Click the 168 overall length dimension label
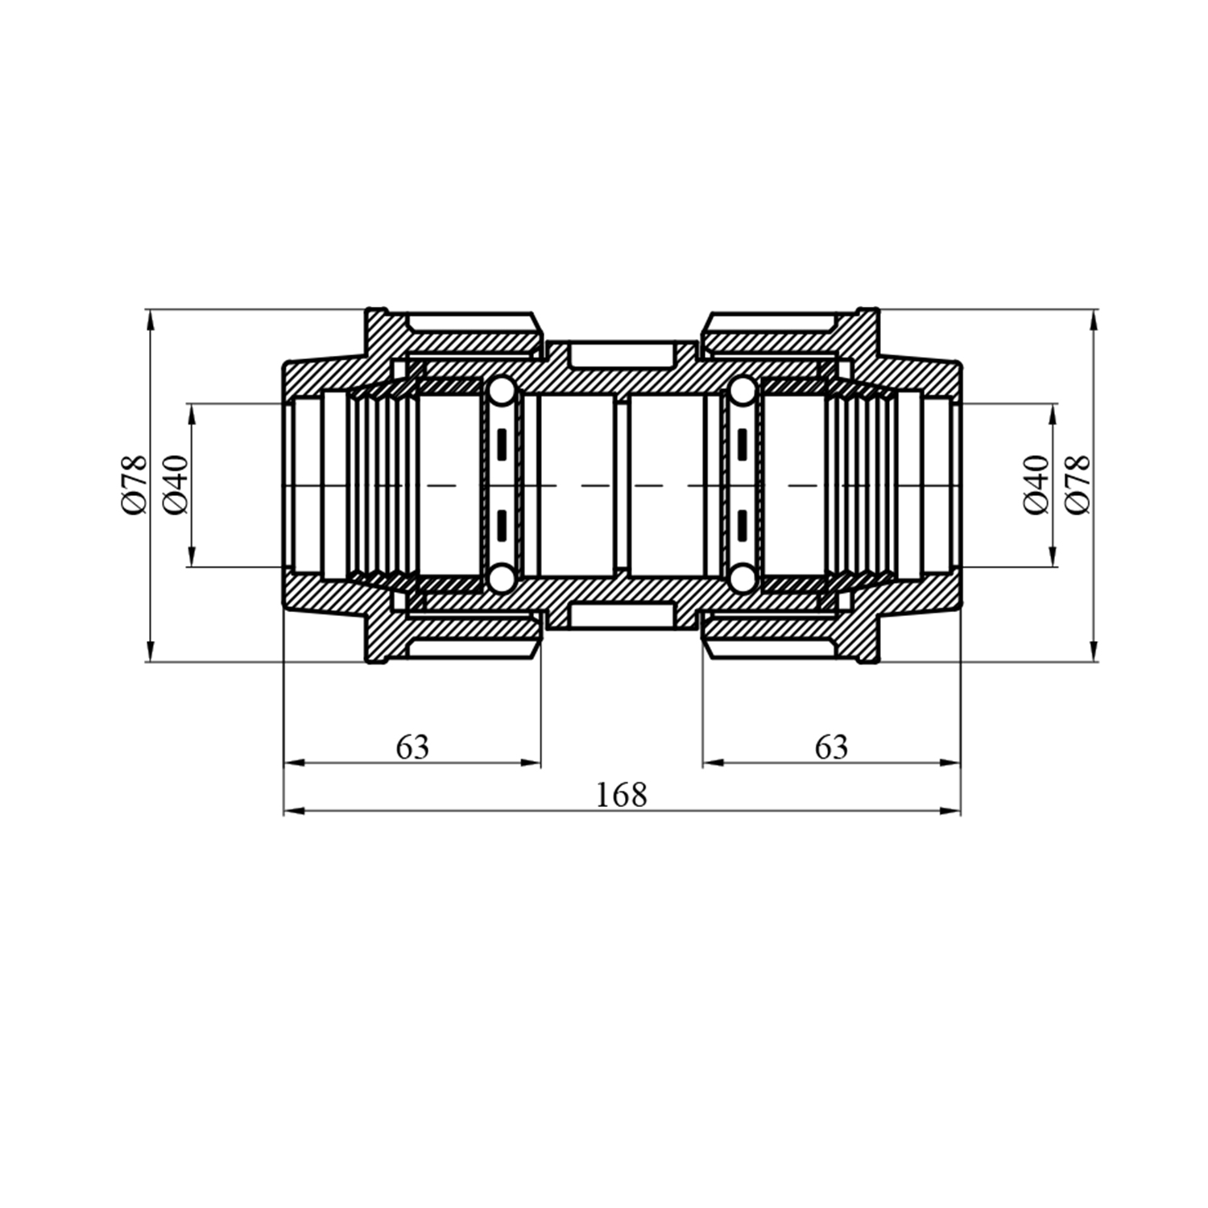point(621,796)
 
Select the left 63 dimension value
point(413,747)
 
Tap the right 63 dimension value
point(831,747)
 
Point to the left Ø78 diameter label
point(134,484)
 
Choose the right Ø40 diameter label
point(1036,484)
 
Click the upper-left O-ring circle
point(501,392)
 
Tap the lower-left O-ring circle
point(501,577)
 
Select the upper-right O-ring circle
point(742,392)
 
